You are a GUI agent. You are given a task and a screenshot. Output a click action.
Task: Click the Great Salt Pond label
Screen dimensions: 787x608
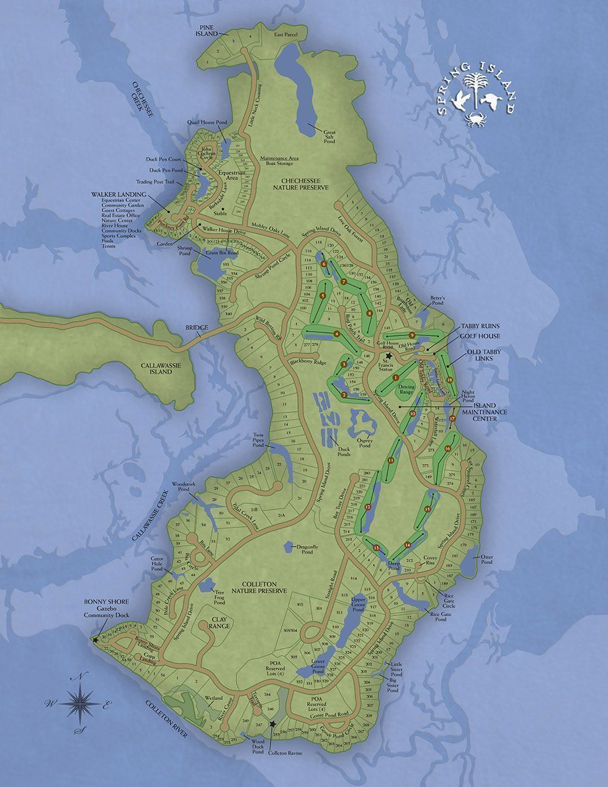(x=329, y=136)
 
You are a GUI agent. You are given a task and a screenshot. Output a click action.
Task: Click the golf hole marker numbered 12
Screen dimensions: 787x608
(x=368, y=507)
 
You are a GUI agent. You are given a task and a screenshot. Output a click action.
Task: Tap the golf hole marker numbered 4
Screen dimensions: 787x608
(x=337, y=334)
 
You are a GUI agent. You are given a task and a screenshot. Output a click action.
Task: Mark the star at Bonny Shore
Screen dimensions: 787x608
(x=95, y=639)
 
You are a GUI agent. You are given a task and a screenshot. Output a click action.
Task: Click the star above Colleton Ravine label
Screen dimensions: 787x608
(x=272, y=724)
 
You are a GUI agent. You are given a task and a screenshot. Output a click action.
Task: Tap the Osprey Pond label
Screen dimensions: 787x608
(x=364, y=442)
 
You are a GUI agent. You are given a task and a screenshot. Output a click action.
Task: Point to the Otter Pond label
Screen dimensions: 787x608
(x=486, y=559)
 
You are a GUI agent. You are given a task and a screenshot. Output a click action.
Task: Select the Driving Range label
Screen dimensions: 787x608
(x=406, y=389)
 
